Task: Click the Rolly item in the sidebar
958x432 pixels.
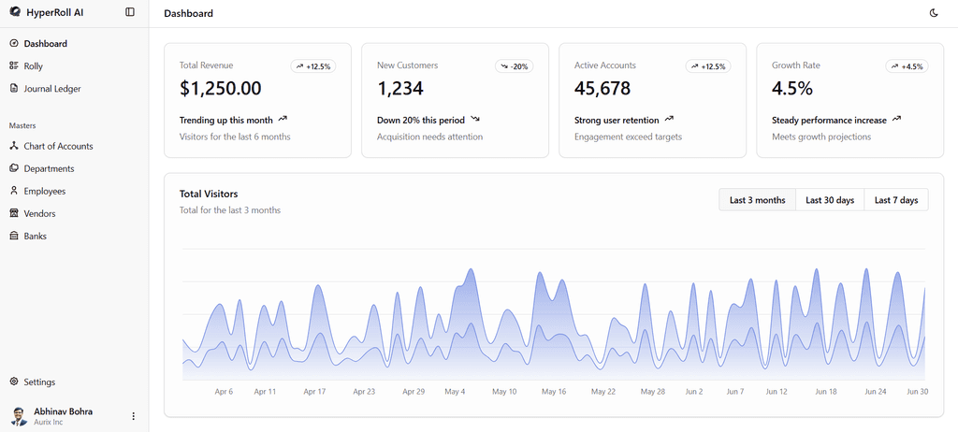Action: (x=33, y=66)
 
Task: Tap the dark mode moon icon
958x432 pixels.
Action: (x=934, y=13)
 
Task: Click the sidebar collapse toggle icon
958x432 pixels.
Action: (x=129, y=11)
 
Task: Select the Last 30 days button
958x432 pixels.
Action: (x=830, y=200)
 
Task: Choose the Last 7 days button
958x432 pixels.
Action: (x=896, y=200)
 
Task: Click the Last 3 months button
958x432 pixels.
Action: (x=758, y=200)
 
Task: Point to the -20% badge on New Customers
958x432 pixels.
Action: (x=514, y=66)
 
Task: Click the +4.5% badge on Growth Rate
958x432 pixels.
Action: (x=907, y=66)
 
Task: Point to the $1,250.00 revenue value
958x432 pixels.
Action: (x=221, y=89)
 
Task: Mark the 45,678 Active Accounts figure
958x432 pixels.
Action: (x=602, y=89)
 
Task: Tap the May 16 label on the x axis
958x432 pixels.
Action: (x=554, y=392)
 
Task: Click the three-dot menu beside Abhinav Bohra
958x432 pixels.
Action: (x=133, y=416)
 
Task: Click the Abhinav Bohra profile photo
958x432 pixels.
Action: (x=19, y=416)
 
